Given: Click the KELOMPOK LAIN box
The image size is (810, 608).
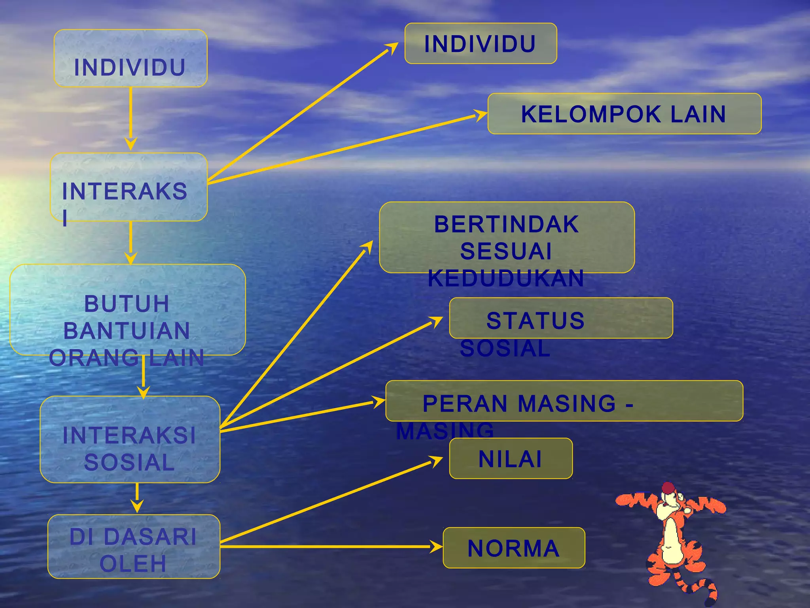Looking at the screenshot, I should point(624,114).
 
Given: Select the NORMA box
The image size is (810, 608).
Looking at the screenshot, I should point(513,548).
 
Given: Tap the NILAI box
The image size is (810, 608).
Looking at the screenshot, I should point(510,458).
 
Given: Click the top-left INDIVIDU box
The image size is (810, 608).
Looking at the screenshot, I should point(130,59).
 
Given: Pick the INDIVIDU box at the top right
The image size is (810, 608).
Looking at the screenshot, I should point(480,44).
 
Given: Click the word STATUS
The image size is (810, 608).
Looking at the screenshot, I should point(535,320).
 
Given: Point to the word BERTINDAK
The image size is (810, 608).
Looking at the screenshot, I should point(506,224).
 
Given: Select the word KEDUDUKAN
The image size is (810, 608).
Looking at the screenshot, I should point(506,278).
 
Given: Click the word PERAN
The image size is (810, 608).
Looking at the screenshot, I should point(465,403).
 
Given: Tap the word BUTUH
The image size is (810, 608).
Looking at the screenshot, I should point(127,304).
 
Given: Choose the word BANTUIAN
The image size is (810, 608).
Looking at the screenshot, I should point(127,331).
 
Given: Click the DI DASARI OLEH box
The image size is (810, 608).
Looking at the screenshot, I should point(134,546).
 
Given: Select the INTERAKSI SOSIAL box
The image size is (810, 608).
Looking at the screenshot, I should point(130,439).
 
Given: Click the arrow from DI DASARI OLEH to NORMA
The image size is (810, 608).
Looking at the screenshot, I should point(328,547).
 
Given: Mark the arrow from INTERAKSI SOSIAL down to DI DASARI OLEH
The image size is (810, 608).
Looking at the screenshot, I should point(137,497).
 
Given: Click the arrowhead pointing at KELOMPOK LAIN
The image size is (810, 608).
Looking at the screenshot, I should point(481,115).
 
